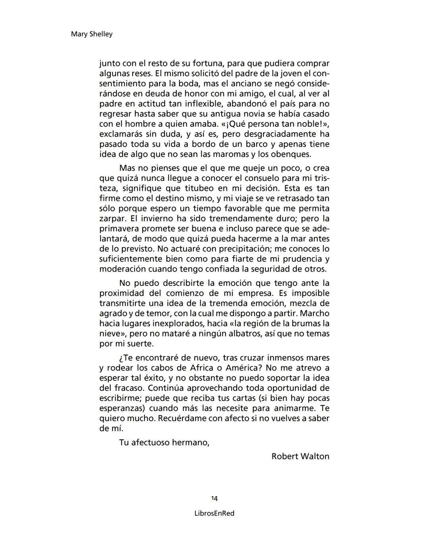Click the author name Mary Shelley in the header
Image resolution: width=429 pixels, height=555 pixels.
91,34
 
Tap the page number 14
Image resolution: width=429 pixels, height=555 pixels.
214,498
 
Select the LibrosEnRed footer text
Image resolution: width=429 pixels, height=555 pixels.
214,513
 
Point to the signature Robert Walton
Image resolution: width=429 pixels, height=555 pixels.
300,456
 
